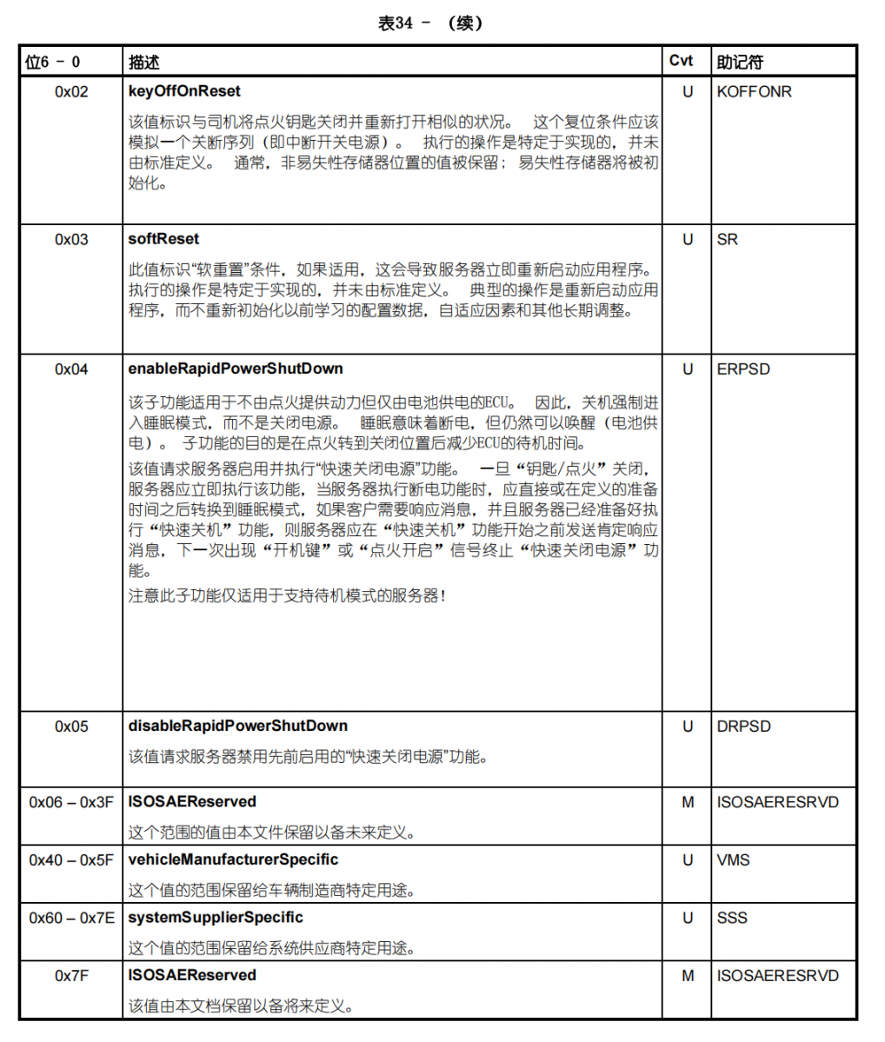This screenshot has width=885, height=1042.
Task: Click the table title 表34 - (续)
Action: coord(430,23)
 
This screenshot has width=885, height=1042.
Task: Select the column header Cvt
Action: coord(681,61)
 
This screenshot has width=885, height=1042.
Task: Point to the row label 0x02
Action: coord(71,92)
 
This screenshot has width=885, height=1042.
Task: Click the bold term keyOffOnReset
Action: coord(184,91)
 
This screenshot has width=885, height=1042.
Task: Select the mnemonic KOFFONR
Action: coord(754,92)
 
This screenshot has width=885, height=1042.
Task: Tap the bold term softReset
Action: coord(163,239)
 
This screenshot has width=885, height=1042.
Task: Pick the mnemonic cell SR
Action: coord(728,240)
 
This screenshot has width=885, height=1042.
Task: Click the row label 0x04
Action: coord(71,369)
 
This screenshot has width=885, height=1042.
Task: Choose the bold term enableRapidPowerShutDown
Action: coord(236,369)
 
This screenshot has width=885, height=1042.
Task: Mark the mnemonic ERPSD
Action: coord(743,369)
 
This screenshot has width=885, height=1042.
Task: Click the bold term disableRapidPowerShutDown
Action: coord(238,726)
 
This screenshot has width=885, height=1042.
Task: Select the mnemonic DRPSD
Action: coord(743,727)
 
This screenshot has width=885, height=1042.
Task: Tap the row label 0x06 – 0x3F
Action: coord(71,802)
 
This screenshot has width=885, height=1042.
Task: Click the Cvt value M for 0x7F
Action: coord(688,976)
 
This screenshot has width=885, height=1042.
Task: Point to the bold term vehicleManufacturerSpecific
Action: coord(233,859)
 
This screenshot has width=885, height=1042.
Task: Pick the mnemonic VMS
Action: coord(733,860)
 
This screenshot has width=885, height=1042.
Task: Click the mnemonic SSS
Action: coord(732,918)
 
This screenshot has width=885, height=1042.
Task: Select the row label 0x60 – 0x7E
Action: coord(71,918)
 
